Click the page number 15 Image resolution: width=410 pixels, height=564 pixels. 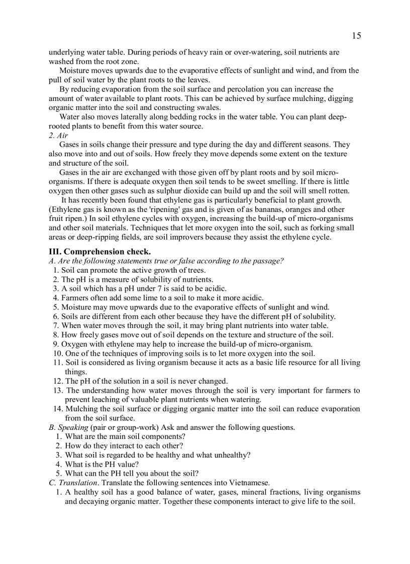(x=356, y=36)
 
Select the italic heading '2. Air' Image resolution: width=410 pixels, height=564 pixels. (x=58, y=136)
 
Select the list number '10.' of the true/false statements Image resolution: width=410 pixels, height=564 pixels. (x=58, y=354)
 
